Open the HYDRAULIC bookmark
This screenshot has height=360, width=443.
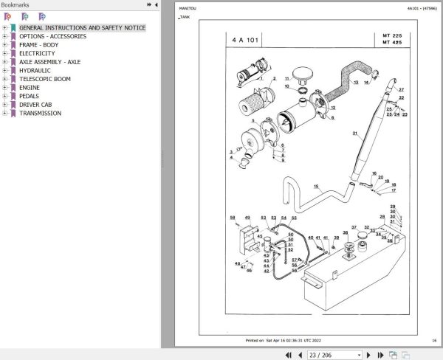tap(35, 71)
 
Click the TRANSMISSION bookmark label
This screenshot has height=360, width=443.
tap(41, 113)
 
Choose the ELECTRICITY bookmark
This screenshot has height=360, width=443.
tap(37, 54)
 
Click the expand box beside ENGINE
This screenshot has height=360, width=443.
tap(5, 88)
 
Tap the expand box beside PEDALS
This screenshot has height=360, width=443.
tap(5, 96)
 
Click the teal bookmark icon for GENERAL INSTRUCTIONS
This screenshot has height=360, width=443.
tap(13, 28)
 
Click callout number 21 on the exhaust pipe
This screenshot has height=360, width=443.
tap(354, 134)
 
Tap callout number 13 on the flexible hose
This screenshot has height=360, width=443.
tap(356, 83)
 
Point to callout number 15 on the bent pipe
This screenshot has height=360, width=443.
tap(316, 187)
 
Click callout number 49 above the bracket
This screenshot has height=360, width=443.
tap(247, 218)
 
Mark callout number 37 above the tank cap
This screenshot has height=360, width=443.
tap(354, 227)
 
